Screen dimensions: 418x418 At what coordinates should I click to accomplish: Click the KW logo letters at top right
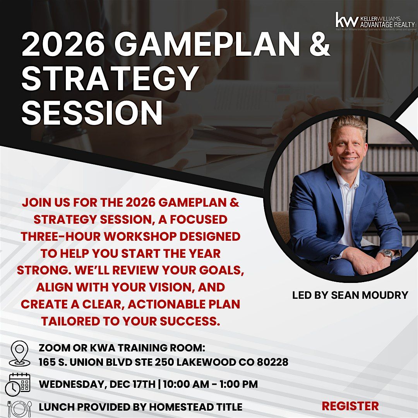coord(347,20)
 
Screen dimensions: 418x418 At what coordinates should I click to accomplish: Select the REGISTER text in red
coord(350,406)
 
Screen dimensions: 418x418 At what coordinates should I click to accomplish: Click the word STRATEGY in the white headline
coord(110,79)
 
